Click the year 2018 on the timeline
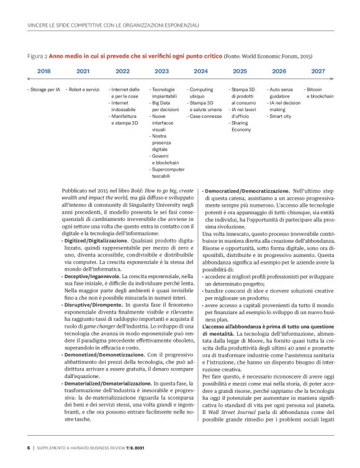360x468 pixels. click(44, 71)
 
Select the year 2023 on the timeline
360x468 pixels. click(161, 71)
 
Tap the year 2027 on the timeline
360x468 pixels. click(318, 71)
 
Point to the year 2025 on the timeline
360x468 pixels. click(240, 71)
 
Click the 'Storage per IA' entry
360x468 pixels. click(44, 90)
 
